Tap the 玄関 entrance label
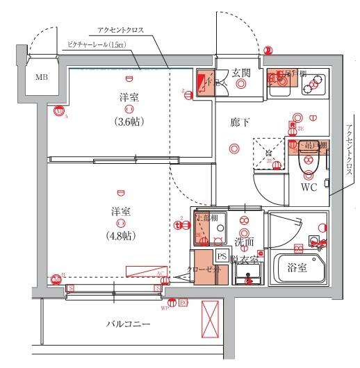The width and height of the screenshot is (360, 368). pos(241,72)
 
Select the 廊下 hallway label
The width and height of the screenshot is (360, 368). pos(240,122)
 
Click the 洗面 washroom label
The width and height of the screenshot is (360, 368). pos(243,242)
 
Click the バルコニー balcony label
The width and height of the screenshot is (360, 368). pos(128,324)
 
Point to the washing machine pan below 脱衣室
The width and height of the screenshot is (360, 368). pos(247,275)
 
